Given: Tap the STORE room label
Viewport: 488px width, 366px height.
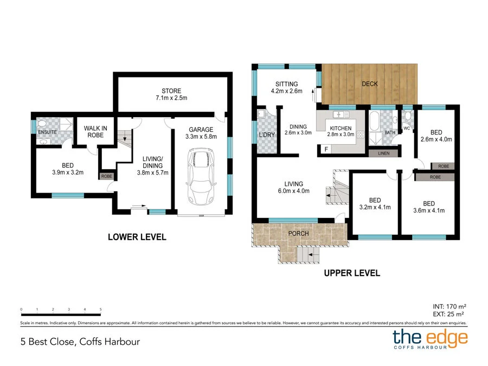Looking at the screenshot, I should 171,91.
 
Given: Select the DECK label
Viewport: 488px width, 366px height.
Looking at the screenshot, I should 370,84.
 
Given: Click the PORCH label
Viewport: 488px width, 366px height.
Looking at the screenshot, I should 298,234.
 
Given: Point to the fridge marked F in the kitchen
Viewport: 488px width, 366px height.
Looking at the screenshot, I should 326,148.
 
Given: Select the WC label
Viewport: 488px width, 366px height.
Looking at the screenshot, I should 407,129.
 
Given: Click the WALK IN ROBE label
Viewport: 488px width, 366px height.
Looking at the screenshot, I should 95,132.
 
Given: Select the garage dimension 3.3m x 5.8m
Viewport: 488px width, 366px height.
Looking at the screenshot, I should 201,137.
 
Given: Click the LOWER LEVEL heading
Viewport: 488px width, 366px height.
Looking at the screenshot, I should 137,237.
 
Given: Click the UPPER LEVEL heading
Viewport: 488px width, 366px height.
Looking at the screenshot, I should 352,273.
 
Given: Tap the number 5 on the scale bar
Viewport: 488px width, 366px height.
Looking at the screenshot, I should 101,310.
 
